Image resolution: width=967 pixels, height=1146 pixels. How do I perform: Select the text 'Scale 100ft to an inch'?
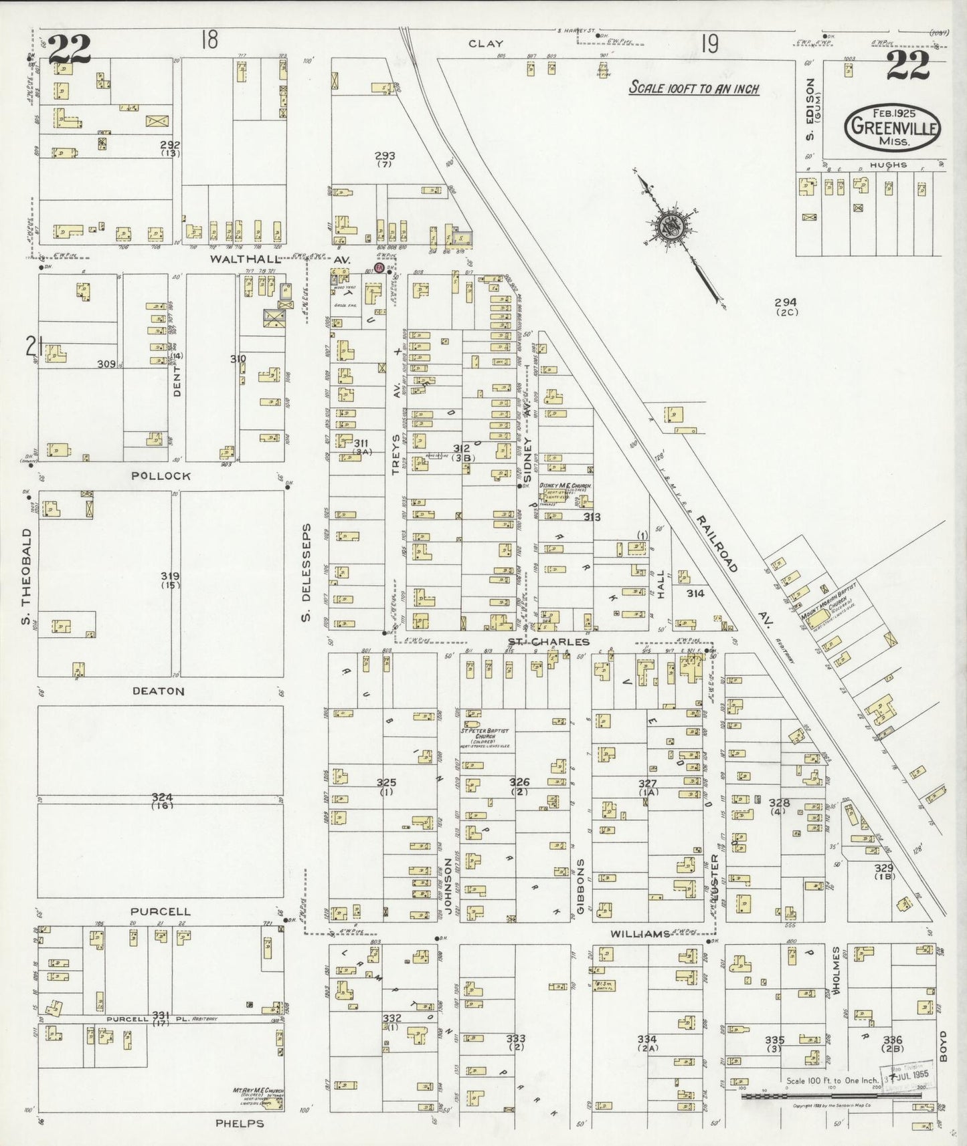[x=693, y=88]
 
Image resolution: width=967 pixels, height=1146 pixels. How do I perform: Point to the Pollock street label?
[x=161, y=476]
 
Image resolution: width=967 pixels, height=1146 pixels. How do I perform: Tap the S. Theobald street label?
[x=27, y=574]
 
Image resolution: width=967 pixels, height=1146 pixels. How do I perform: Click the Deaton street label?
[x=159, y=691]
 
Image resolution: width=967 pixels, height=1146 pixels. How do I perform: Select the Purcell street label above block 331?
[x=161, y=911]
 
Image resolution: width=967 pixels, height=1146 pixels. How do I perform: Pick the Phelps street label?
[x=240, y=1123]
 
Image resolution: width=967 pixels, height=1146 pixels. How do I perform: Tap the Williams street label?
[x=640, y=934]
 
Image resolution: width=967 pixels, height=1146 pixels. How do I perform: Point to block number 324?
[x=162, y=798]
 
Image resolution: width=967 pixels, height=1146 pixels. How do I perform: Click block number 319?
[x=170, y=576]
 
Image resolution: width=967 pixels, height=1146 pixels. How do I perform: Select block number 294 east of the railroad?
[x=785, y=302]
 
